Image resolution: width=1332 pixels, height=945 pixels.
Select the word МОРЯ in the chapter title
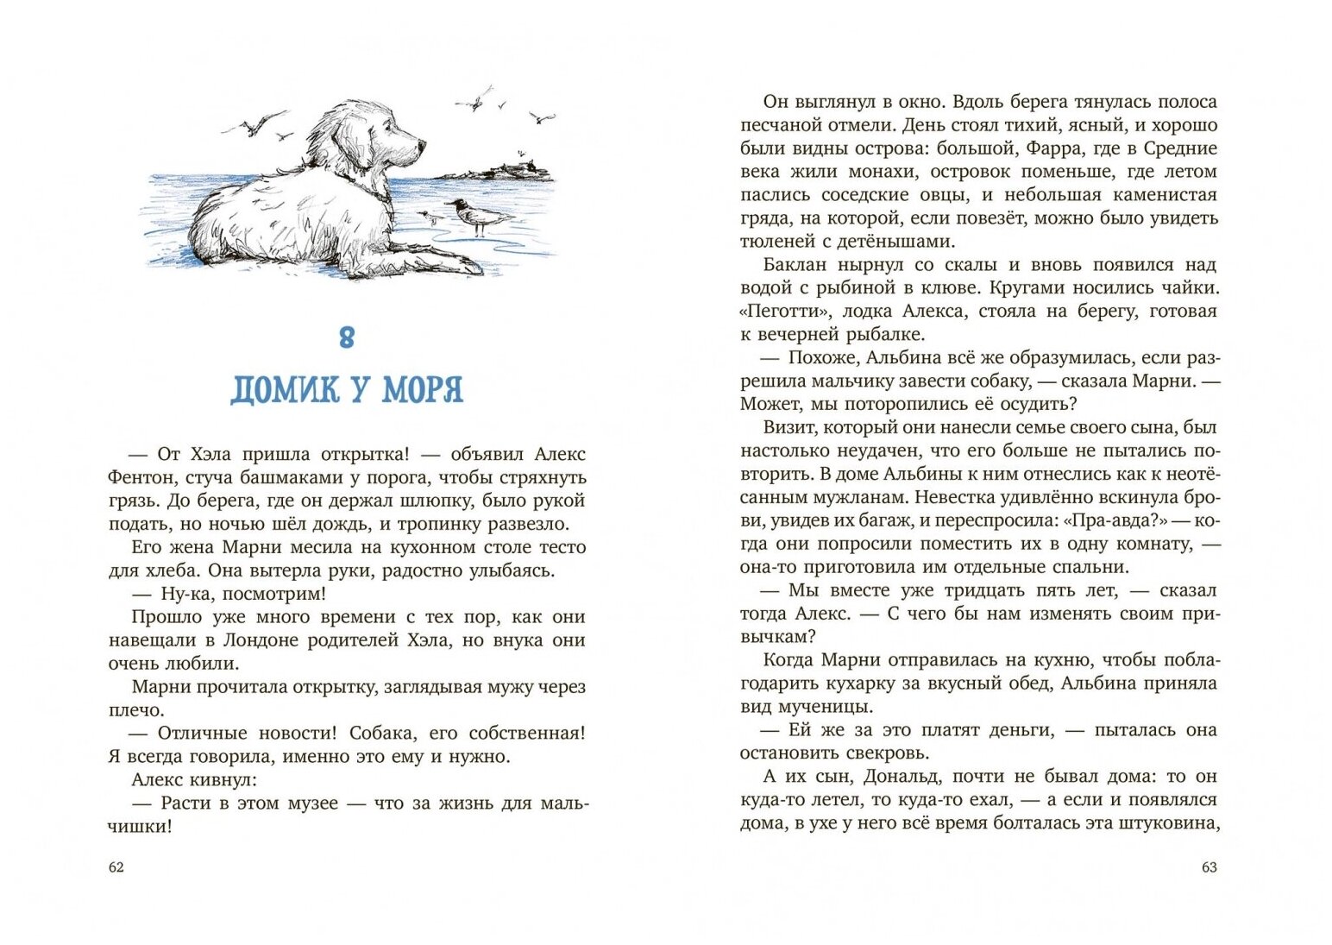422,390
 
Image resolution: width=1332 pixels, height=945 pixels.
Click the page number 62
116,867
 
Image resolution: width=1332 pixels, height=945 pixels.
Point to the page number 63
1209,867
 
